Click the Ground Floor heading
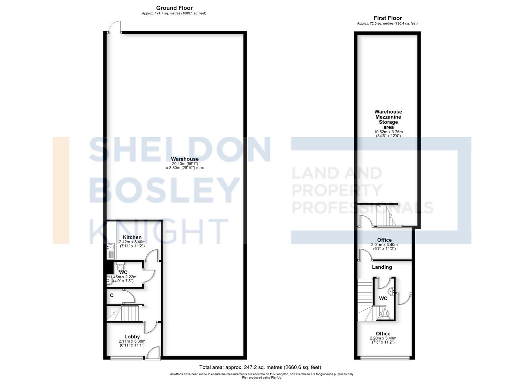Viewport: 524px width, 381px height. pyautogui.click(x=174, y=8)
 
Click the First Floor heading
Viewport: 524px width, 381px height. pyautogui.click(x=387, y=18)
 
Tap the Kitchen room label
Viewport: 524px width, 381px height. pyautogui.click(x=132, y=237)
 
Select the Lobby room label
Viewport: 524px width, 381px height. pyautogui.click(x=132, y=337)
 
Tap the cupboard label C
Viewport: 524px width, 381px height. pyautogui.click(x=112, y=295)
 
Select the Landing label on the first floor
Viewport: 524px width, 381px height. pyautogui.click(x=382, y=267)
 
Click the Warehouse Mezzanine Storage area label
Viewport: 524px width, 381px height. pyautogui.click(x=388, y=119)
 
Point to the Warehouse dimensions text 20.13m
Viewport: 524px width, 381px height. pyautogui.click(x=185, y=163)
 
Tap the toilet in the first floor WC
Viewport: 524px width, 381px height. pyautogui.click(x=385, y=313)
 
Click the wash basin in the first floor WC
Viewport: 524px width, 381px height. pyautogui.click(x=391, y=291)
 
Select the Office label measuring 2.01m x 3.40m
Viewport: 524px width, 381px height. pyautogui.click(x=384, y=240)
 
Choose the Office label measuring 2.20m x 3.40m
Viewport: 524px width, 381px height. pyautogui.click(x=383, y=333)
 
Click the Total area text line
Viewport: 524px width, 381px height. pyautogui.click(x=260, y=367)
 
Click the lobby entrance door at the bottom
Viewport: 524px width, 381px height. pyautogui.click(x=153, y=354)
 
